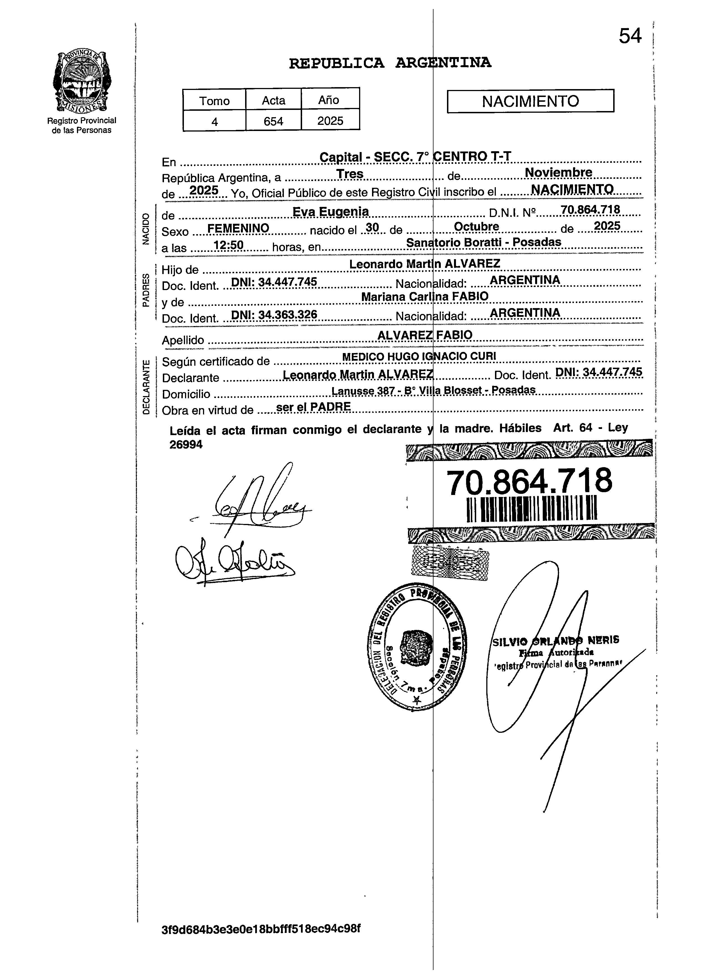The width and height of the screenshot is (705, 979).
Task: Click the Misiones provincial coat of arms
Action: click(x=81, y=81)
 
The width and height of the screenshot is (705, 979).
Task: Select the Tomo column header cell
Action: click(x=214, y=100)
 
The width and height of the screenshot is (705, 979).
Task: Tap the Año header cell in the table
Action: click(x=330, y=100)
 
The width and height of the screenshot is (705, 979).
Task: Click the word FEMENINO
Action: click(x=238, y=228)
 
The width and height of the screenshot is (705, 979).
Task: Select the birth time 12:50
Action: click(x=229, y=245)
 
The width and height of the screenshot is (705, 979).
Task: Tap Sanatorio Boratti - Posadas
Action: click(x=483, y=242)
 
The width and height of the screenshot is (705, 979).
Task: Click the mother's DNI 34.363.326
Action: click(x=274, y=315)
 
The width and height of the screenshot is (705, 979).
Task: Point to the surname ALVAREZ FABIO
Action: click(x=425, y=335)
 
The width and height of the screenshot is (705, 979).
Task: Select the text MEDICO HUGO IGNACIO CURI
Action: click(x=419, y=356)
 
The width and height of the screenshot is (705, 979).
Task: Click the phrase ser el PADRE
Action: click(x=313, y=407)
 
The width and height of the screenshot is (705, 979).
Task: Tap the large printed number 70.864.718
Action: click(x=529, y=482)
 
